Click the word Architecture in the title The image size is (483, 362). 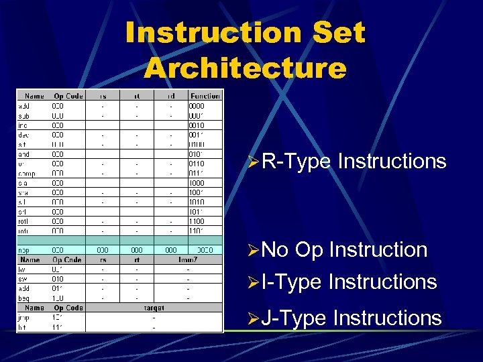pos(245,68)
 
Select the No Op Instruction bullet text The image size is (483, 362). pos(344,249)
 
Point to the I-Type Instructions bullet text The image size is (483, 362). pos(349,282)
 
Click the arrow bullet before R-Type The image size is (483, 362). pos(253,162)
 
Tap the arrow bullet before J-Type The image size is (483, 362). pos(253,318)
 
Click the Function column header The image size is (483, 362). pos(205,96)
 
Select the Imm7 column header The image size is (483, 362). pos(188,259)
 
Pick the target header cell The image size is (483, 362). pos(154,308)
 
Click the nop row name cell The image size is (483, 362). pos(24,250)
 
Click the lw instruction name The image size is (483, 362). pos(22,269)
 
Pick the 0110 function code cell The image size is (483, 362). pos(197,164)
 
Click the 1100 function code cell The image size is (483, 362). pos(197,221)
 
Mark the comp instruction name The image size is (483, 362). pos(26,173)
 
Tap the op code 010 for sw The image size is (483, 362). pos(58,278)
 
